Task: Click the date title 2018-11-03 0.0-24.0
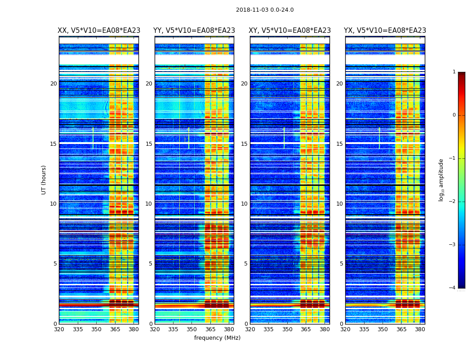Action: pyautogui.click(x=265, y=10)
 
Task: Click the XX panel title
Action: pyautogui.click(x=99, y=31)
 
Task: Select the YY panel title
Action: pyautogui.click(x=194, y=31)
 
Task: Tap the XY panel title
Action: pyautogui.click(x=290, y=31)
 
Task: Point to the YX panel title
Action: pyautogui.click(x=385, y=31)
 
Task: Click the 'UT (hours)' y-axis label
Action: pyautogui.click(x=44, y=180)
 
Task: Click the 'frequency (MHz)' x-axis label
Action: pyautogui.click(x=217, y=338)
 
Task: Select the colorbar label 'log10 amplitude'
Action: pyautogui.click(x=441, y=180)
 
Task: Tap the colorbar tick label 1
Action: pyautogui.click(x=454, y=72)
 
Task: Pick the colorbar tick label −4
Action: pyautogui.click(x=453, y=288)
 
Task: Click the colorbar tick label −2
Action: pyautogui.click(x=453, y=202)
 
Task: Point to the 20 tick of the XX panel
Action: pyautogui.click(x=53, y=84)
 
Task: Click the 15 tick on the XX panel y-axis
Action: pyautogui.click(x=53, y=144)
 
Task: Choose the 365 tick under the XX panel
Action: pyautogui.click(x=115, y=329)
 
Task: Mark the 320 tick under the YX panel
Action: pyautogui.click(x=345, y=329)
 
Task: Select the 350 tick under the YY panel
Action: pyautogui.click(x=192, y=329)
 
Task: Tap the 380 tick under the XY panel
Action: pyautogui.click(x=325, y=329)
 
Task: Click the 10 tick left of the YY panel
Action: pyautogui.click(x=149, y=204)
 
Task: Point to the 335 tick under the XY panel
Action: pyautogui.click(x=269, y=329)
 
